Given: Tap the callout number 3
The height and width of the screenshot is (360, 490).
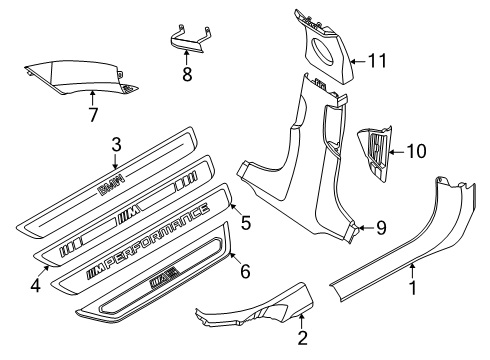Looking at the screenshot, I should (117, 145).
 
